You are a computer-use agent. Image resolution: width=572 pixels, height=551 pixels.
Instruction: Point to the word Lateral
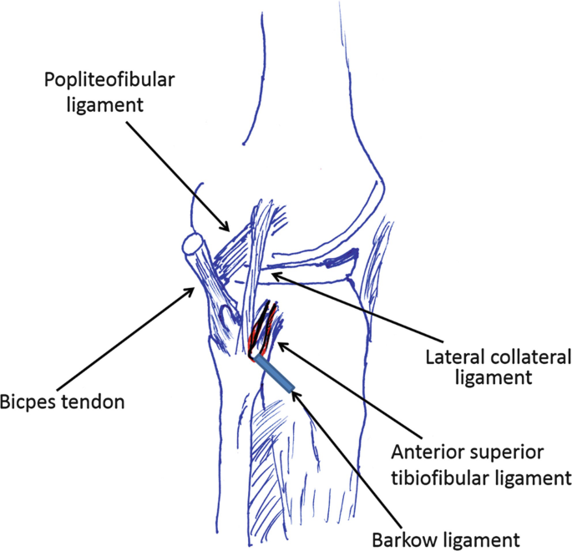point(448,357)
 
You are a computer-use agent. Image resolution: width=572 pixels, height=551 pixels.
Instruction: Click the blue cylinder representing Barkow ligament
point(275,375)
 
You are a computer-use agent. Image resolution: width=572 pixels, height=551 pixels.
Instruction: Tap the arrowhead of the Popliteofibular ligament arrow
point(226,226)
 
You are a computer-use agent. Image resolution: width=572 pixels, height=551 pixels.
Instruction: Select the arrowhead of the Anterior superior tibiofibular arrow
point(281,343)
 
